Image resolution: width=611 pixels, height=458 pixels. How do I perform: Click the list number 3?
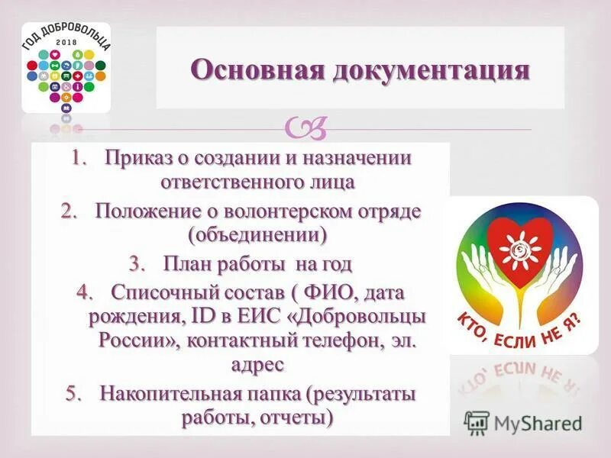137,264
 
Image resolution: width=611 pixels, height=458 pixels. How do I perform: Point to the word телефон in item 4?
338,340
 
